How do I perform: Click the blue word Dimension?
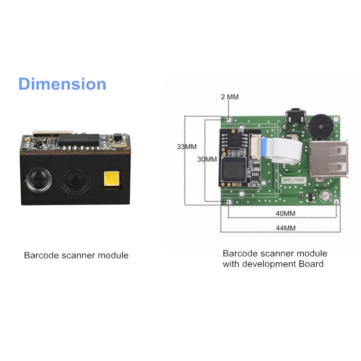(62, 84)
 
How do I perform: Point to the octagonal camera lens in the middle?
(76, 180)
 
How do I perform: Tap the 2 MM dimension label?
(230, 97)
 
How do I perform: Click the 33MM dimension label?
(187, 147)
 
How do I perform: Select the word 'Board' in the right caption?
(311, 264)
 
